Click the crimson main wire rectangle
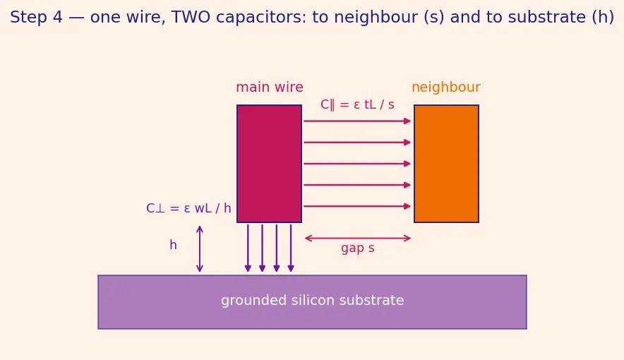[269, 164]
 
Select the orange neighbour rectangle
[446, 164]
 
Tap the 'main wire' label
[270, 87]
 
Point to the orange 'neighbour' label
[445, 87]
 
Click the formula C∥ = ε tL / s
[357, 104]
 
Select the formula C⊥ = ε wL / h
[188, 208]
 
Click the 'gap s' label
[357, 248]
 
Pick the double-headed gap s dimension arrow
[358, 239]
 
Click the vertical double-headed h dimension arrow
[200, 249]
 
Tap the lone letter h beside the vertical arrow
[173, 245]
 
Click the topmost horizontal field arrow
[357, 121]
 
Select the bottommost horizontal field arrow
[357, 206]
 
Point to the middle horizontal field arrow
[357, 164]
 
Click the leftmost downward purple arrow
[248, 248]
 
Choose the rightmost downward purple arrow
[291, 248]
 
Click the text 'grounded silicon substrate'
[313, 300]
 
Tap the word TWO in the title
[191, 17]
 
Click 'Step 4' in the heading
[36, 17]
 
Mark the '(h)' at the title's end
[604, 18]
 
